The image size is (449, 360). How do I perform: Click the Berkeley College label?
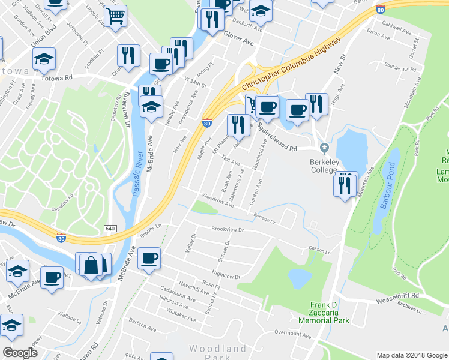(x=323, y=165)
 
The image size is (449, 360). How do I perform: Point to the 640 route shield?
(x=110, y=229)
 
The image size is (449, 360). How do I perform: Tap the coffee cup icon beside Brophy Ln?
(x=148, y=259)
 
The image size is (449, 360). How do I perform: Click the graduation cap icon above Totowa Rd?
(x=43, y=59)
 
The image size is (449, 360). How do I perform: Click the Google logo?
(x=20, y=353)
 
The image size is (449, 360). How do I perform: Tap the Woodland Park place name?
(x=217, y=353)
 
